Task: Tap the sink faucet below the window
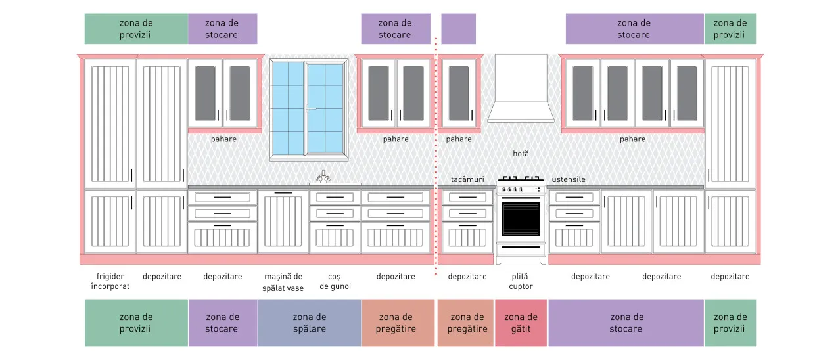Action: [x=323, y=177]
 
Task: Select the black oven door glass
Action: [x=521, y=219]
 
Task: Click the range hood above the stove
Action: [x=521, y=89]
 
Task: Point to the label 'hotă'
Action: [x=521, y=154]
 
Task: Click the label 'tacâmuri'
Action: [x=467, y=179]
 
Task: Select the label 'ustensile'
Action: [x=569, y=179]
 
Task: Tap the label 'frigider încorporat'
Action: [x=110, y=281]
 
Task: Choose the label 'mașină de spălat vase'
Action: [x=283, y=282]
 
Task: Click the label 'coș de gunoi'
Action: [x=335, y=281]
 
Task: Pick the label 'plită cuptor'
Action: [x=521, y=281]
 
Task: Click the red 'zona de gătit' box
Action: [x=521, y=323]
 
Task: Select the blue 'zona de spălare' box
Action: [x=310, y=323]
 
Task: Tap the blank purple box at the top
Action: [x=459, y=29]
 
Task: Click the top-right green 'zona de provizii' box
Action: [x=730, y=29]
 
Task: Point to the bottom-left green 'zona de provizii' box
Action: [x=136, y=323]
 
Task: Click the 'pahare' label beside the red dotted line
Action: [x=459, y=139]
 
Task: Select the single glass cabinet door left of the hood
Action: [x=459, y=93]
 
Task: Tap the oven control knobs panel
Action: [x=521, y=189]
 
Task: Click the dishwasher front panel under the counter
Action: [x=283, y=221]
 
